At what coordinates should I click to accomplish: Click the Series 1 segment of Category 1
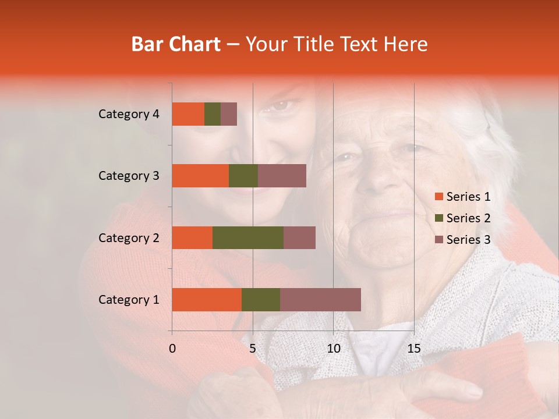[207, 300]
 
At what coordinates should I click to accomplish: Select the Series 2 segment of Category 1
[261, 300]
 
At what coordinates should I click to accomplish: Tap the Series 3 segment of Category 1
[320, 300]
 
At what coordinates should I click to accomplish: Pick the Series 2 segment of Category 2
[248, 237]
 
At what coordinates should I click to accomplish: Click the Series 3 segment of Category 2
[299, 237]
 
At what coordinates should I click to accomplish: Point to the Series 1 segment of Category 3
[200, 176]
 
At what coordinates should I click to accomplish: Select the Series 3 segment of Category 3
[282, 176]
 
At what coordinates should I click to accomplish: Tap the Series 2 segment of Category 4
[213, 114]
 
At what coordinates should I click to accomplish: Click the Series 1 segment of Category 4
[188, 114]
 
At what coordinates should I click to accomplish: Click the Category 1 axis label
[129, 300]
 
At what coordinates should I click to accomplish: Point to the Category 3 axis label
[129, 176]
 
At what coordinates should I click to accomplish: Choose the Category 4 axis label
[129, 114]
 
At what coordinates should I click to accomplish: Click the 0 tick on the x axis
[172, 349]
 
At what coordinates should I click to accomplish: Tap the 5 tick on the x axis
[253, 349]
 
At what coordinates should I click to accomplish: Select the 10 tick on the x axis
[333, 349]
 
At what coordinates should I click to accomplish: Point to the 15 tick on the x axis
[413, 349]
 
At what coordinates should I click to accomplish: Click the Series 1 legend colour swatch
[438, 197]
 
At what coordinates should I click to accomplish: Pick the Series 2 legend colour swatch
[438, 218]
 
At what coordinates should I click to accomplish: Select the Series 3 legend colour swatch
[438, 240]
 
